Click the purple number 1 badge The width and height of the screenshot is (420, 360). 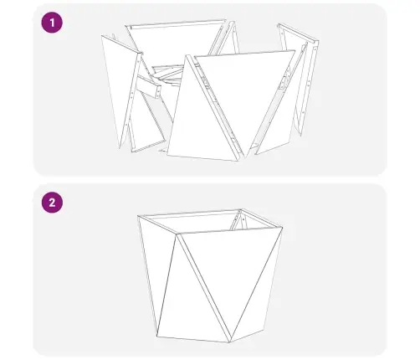coord(52,23)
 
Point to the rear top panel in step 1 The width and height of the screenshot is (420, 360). coord(176,42)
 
